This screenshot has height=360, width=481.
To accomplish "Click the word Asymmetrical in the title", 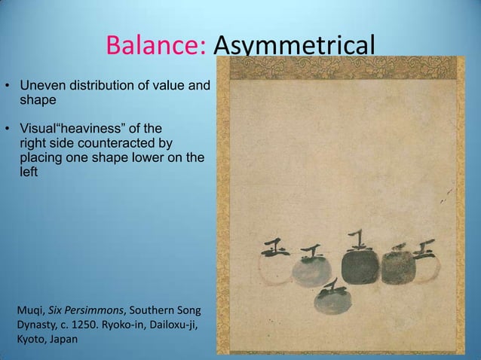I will [x=294, y=47].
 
